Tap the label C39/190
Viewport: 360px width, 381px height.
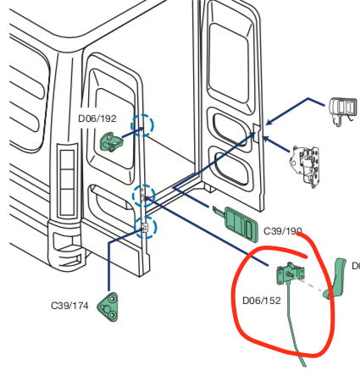pos(283,230)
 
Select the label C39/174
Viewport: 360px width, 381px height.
pos(69,305)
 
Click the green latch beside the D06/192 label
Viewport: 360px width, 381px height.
pos(111,141)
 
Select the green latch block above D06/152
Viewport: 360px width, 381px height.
pos(290,274)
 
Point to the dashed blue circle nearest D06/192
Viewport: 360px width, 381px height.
pos(142,126)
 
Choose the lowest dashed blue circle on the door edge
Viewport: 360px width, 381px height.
pos(145,227)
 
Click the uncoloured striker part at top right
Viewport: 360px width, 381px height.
pos(344,110)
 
